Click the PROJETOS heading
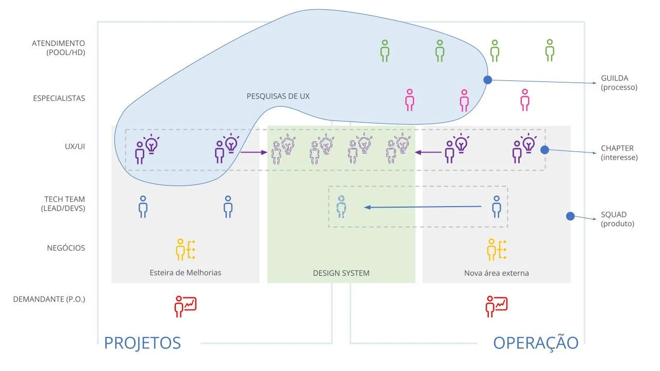142,343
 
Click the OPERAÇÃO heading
536,343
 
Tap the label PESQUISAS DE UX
278,96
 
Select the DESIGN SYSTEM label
341,273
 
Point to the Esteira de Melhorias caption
185,273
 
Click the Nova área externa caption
496,273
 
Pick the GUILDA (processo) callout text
619,83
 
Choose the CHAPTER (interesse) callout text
619,153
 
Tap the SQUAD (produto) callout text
617,219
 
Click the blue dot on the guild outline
487,80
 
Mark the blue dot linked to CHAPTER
544,150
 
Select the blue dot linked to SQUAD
570,216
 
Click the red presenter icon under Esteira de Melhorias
185,306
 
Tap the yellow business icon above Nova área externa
497,249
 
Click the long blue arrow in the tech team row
423,207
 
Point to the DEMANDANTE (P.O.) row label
49,299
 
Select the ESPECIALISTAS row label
59,98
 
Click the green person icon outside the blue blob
550,50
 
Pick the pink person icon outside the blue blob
525,100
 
